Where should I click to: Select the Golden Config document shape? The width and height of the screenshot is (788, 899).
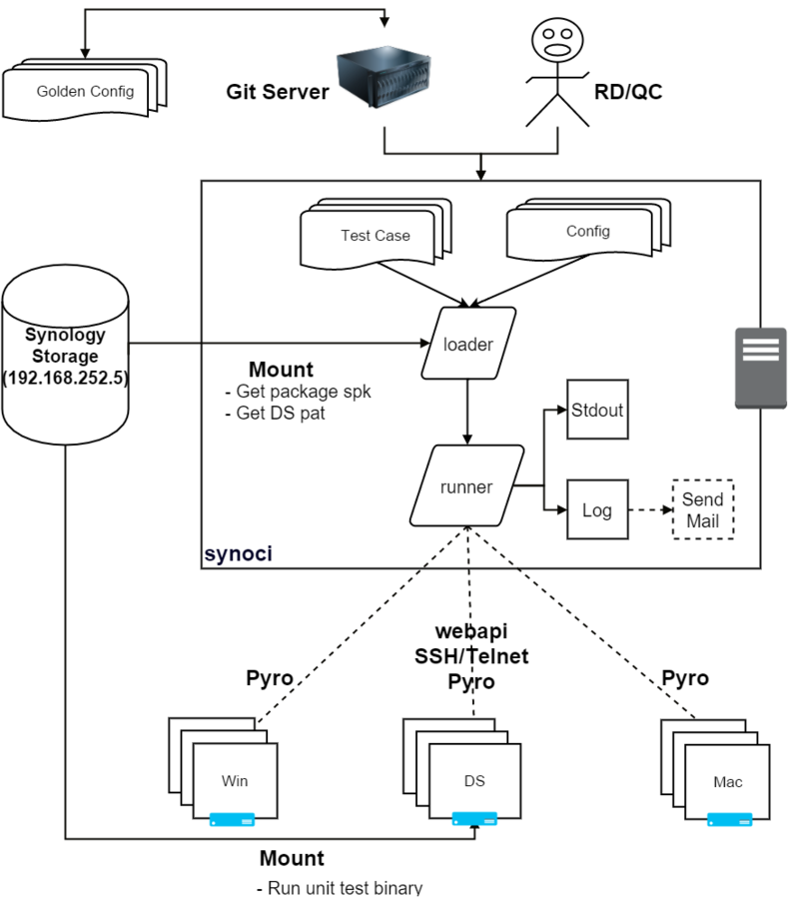[x=85, y=92]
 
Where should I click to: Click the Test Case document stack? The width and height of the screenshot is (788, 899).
[x=375, y=237]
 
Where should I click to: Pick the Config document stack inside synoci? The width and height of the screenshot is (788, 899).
[x=587, y=232]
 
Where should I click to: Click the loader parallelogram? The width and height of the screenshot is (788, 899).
[x=468, y=344]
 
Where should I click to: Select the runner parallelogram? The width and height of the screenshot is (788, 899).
[x=466, y=487]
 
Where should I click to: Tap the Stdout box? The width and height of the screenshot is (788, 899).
[x=597, y=410]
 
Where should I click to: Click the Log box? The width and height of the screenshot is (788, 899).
[x=597, y=509]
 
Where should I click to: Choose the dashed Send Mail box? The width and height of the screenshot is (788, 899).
[x=702, y=509]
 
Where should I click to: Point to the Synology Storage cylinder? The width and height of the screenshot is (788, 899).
[x=65, y=355]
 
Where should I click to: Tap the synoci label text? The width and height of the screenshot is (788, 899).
[x=238, y=553]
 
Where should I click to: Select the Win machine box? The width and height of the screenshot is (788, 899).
[x=234, y=781]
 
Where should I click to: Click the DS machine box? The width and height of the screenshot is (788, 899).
[x=474, y=781]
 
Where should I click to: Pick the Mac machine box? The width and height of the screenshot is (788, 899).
[x=727, y=781]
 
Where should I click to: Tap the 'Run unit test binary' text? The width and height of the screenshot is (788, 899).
[x=340, y=887]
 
